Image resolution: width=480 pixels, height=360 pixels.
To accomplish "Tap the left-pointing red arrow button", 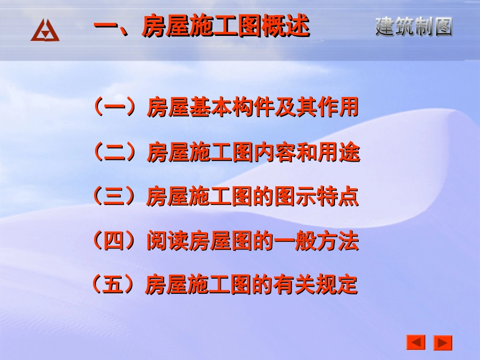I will pyautogui.click(x=416, y=342).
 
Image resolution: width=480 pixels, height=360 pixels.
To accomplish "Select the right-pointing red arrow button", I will pyautogui.click(x=443, y=343).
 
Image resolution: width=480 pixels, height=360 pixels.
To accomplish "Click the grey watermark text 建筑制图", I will pyautogui.click(x=414, y=27).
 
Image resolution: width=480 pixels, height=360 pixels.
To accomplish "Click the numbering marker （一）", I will pyautogui.click(x=114, y=108).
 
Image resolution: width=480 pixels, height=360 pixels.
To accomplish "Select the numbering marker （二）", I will pyautogui.click(x=114, y=152).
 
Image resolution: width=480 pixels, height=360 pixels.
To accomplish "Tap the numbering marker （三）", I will pyautogui.click(x=114, y=196).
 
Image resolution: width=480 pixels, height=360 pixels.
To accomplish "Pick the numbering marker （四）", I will pyautogui.click(x=114, y=241).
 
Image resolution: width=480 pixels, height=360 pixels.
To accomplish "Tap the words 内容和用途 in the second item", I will pyautogui.click(x=306, y=152).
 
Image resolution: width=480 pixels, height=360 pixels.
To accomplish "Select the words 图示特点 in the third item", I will pyautogui.click(x=316, y=197).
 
